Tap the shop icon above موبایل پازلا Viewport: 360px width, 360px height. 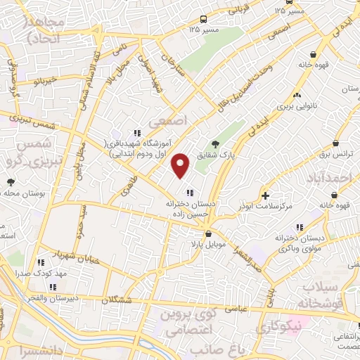tap(208, 234)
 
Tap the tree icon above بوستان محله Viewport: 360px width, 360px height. tap(11, 183)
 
